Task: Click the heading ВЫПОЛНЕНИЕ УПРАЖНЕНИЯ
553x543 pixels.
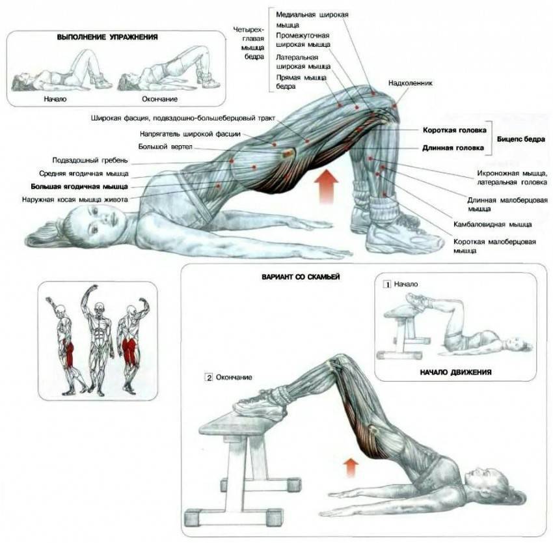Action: click(x=107, y=38)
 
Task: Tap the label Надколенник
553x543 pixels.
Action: click(x=410, y=83)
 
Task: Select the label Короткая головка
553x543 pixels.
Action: click(x=453, y=130)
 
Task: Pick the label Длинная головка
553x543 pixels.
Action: click(x=453, y=148)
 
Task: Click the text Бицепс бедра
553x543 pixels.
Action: click(x=520, y=139)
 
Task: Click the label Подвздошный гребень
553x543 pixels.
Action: click(x=91, y=160)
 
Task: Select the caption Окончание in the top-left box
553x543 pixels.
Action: click(x=159, y=99)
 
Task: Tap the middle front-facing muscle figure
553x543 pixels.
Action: click(x=98, y=339)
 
